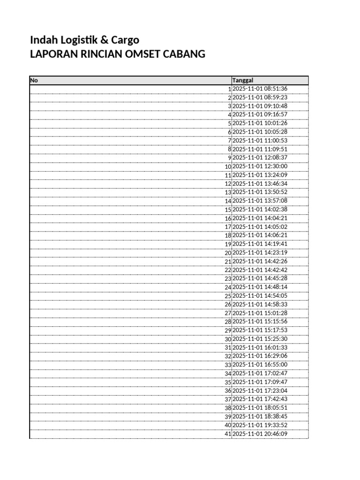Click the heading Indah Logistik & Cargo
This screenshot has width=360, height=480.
[84, 40]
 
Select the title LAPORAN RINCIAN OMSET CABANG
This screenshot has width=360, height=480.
[117, 54]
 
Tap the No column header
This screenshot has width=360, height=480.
[34, 81]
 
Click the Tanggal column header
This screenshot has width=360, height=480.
[243, 81]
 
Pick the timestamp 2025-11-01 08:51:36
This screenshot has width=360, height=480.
[260, 89]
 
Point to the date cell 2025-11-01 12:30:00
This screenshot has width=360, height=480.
[260, 166]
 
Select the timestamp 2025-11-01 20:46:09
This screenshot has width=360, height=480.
[260, 434]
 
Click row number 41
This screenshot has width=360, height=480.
[228, 434]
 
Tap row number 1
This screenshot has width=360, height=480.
[230, 89]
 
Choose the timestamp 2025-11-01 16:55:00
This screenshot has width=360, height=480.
[260, 365]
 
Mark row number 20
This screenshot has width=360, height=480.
[228, 253]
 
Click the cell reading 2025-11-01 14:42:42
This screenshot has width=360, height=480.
[260, 270]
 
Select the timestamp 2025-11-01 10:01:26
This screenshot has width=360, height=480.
[260, 123]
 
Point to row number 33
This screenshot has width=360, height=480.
[228, 365]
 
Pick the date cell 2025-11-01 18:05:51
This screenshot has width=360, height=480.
[260, 408]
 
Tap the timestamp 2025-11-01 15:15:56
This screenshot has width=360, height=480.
[260, 322]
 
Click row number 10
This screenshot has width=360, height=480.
[228, 166]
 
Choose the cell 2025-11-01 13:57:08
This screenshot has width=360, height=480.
[260, 201]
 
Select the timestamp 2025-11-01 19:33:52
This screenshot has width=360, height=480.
[260, 425]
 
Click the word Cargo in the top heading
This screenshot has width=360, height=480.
[126, 40]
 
